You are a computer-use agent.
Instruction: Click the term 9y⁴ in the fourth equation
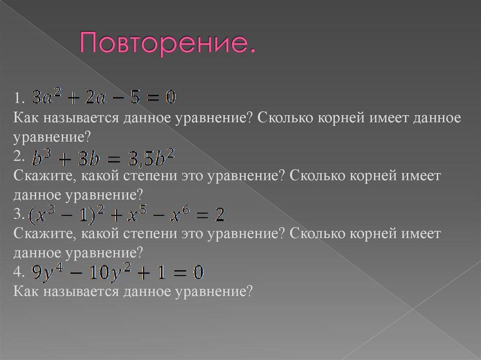click(44, 273)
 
